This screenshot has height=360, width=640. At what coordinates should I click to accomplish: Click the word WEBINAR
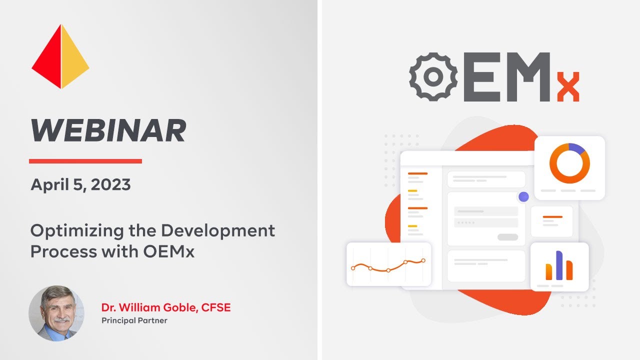click(x=108, y=131)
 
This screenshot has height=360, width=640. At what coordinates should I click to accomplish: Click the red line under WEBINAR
click(x=85, y=161)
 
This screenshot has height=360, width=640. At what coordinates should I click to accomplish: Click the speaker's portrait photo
click(x=56, y=313)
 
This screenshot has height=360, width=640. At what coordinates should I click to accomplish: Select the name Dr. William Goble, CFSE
click(x=166, y=307)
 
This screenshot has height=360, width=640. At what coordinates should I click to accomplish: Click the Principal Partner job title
click(x=134, y=320)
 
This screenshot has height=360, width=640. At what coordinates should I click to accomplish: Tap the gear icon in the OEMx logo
click(x=433, y=76)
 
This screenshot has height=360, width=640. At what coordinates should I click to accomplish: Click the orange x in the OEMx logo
click(x=568, y=87)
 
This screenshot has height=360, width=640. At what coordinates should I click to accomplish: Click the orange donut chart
click(x=569, y=163)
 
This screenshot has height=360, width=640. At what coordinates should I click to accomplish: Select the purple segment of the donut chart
click(x=577, y=147)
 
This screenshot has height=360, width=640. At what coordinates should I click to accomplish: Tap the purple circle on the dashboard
click(x=523, y=196)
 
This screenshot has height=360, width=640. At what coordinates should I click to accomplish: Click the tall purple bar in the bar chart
click(x=559, y=265)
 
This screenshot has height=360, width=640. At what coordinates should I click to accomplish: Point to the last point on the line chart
click(x=423, y=260)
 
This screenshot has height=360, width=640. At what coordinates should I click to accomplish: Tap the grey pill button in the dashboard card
click(x=507, y=237)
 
